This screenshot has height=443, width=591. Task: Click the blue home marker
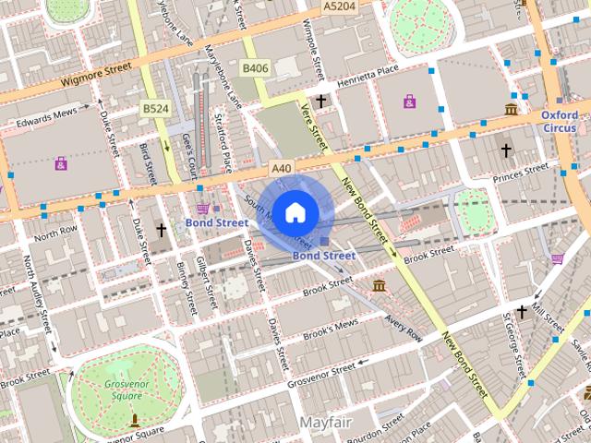click(x=295, y=212)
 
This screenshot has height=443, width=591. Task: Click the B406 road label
click(x=255, y=68)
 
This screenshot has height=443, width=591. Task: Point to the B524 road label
click(x=154, y=109)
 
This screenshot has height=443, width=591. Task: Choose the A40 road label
click(x=282, y=168)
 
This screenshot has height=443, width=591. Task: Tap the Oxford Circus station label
click(x=560, y=121)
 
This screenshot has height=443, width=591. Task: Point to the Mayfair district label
click(x=326, y=422)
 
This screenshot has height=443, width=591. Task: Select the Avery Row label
click(x=404, y=327)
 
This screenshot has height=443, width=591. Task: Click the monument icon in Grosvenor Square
click(x=135, y=420)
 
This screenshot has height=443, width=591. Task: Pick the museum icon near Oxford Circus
click(x=511, y=110)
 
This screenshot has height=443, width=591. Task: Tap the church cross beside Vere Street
click(x=321, y=101)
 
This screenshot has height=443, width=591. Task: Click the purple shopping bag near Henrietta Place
click(x=409, y=101)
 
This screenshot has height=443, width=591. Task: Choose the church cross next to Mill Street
click(x=522, y=313)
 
